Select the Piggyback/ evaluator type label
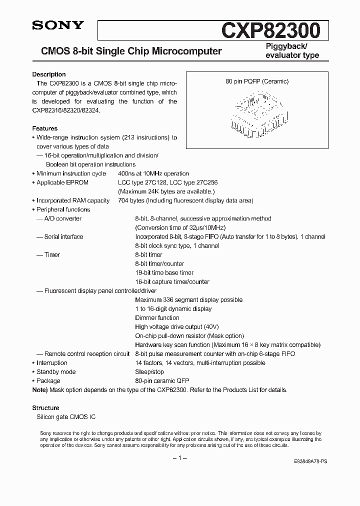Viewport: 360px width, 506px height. tap(290, 51)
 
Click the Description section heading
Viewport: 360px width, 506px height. tap(49, 74)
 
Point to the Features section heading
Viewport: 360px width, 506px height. tap(45, 128)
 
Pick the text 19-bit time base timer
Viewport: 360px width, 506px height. tap(164, 272)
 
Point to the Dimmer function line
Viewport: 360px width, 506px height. tap(157, 317)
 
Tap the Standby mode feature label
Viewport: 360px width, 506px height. tap(56, 371)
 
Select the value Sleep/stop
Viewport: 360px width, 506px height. tap(149, 371)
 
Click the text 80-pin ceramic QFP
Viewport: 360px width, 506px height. tap(162, 380)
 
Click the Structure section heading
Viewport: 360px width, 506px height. tap(45, 407)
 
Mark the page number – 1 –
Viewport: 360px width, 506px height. tap(179, 458)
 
